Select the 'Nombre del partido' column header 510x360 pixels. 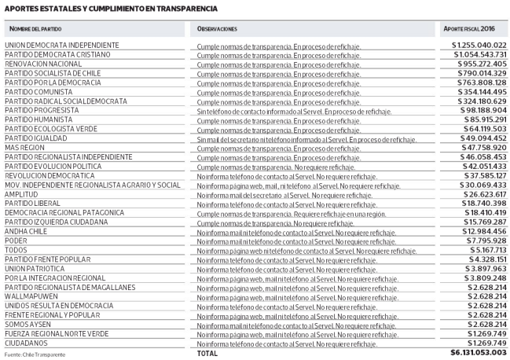(38, 28)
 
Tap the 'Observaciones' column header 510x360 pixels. (217, 28)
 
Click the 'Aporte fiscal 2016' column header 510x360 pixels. (473, 28)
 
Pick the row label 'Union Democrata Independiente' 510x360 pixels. (62, 45)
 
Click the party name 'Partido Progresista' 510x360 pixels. (42, 110)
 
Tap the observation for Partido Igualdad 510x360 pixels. (306, 138)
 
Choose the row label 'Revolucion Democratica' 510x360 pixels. (50, 175)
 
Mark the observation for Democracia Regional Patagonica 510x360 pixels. (285, 213)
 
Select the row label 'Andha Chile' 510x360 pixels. (28, 232)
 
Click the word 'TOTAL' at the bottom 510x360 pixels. (207, 354)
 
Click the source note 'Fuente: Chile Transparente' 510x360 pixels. (34, 355)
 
